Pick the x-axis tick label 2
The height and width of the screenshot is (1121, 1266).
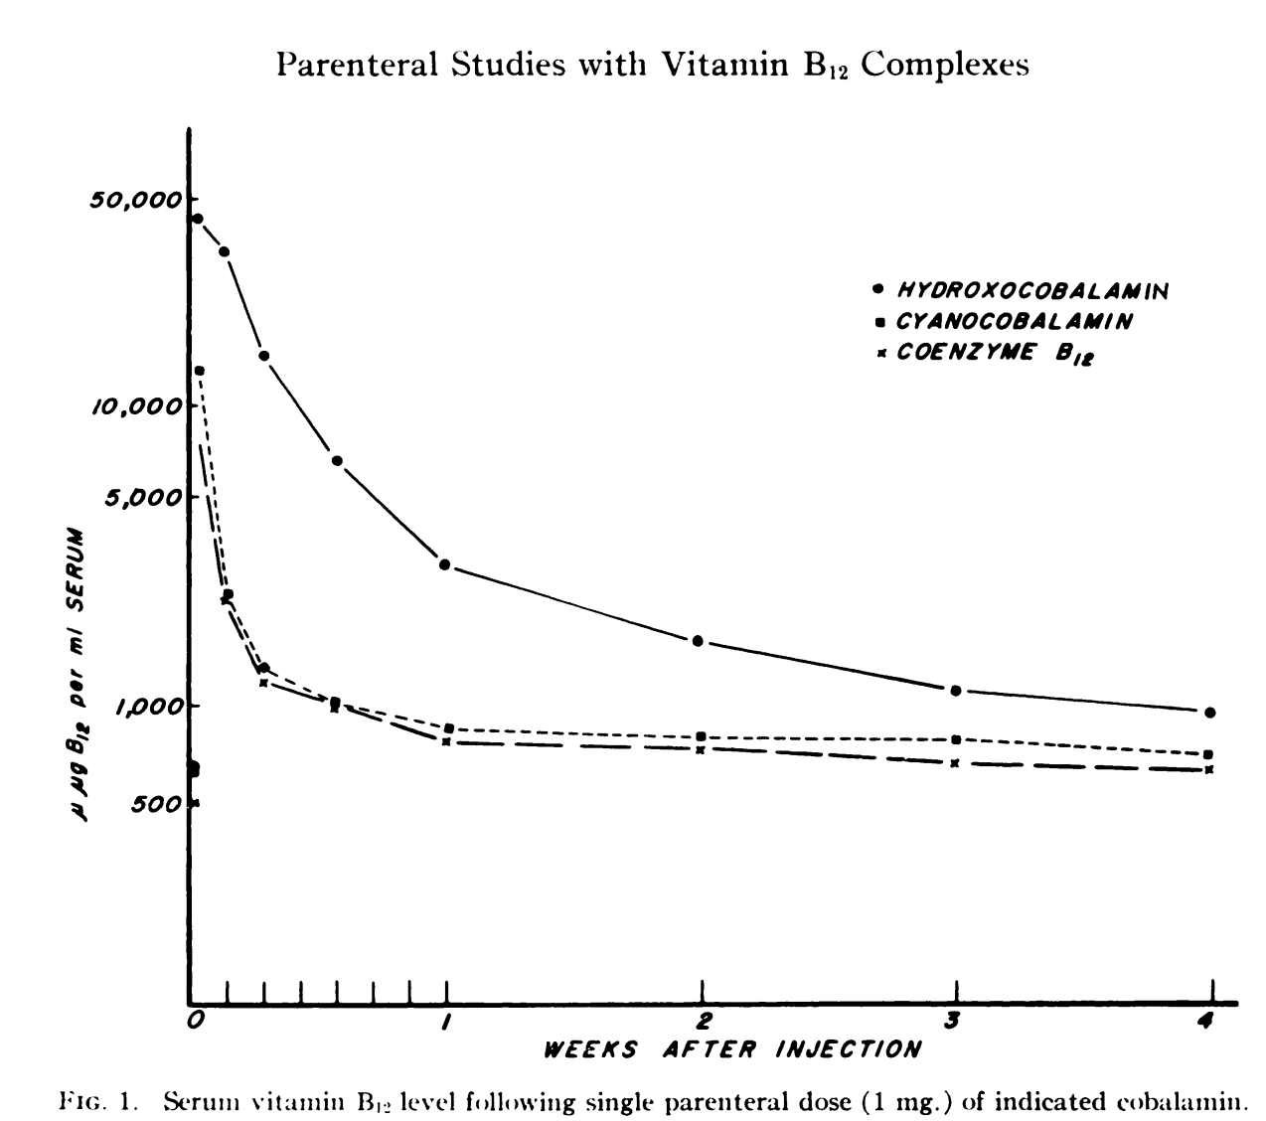tap(703, 1020)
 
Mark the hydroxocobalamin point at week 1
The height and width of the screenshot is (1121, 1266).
tap(445, 564)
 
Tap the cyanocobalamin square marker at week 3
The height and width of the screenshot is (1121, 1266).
tap(956, 739)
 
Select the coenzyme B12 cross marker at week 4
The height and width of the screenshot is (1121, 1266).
tap(1209, 770)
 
